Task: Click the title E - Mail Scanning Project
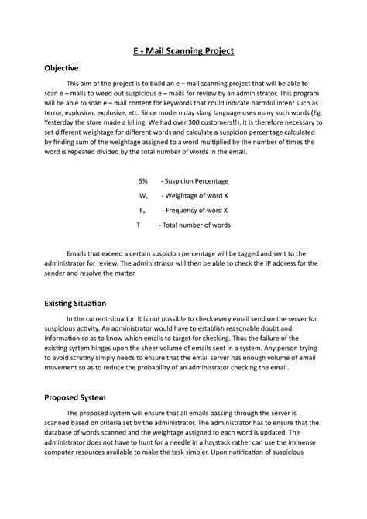click(x=183, y=51)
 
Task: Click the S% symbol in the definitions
click(x=143, y=180)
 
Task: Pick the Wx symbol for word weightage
click(x=143, y=195)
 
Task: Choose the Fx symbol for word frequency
click(x=143, y=210)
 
